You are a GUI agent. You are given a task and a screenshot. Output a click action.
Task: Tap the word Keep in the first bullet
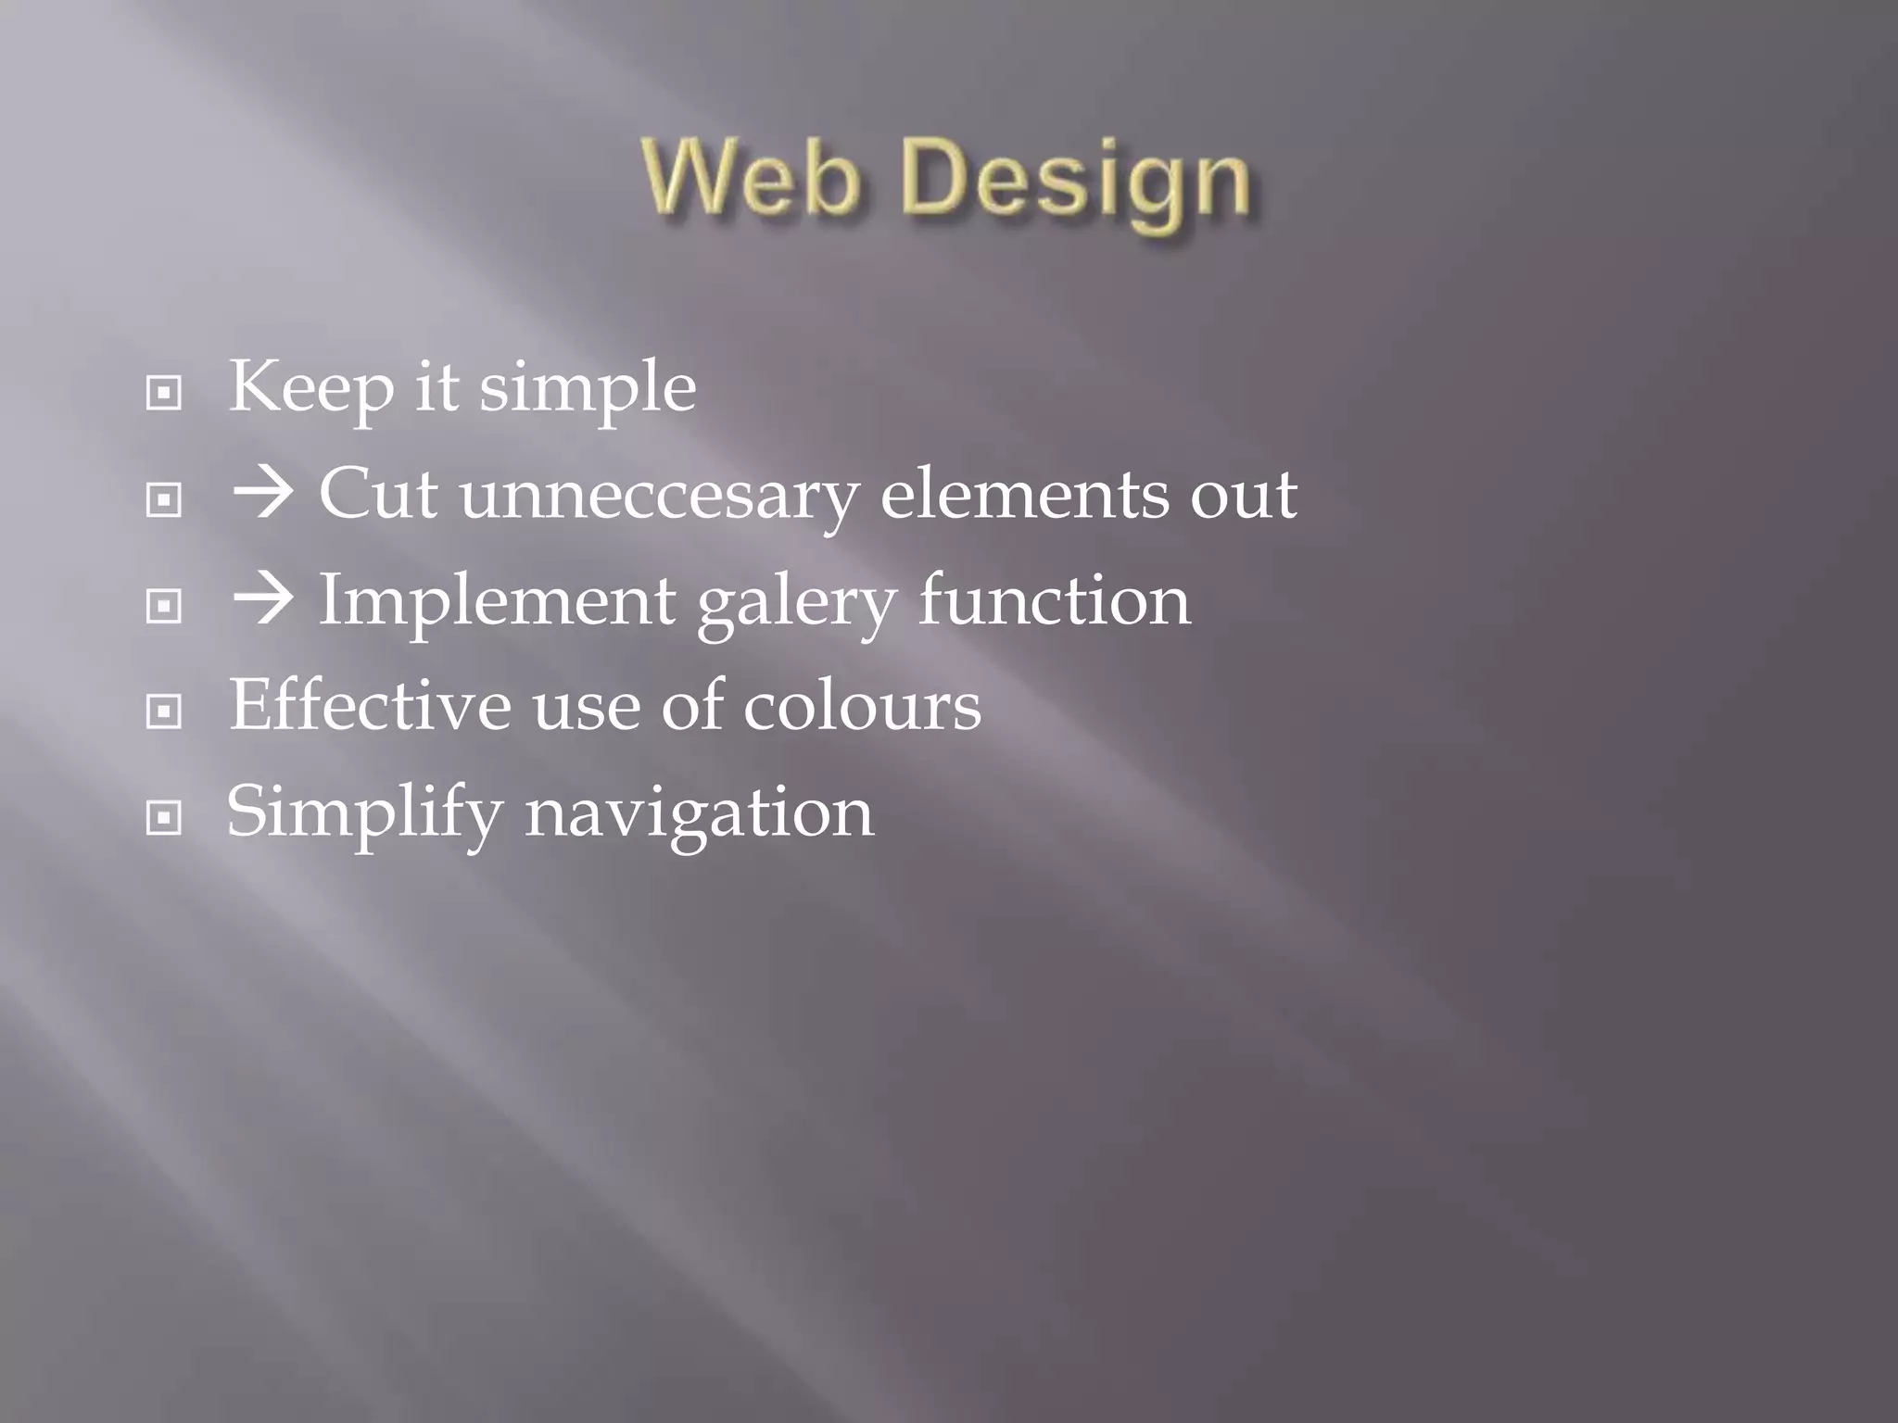(x=311, y=387)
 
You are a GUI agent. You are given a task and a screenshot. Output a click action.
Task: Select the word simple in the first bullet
(x=588, y=389)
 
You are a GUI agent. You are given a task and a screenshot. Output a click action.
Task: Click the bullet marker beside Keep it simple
(x=164, y=394)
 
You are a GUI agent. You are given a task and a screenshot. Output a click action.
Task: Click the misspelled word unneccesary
(x=659, y=496)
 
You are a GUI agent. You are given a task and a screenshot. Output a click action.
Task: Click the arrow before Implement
(x=262, y=600)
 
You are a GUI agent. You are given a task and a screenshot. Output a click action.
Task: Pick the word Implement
(x=497, y=602)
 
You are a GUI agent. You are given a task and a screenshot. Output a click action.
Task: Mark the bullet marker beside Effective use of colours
(x=164, y=712)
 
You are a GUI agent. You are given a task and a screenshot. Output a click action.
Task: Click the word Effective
(x=370, y=705)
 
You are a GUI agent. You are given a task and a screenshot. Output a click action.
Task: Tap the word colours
(x=862, y=707)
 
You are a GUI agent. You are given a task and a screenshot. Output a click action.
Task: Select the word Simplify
(x=364, y=813)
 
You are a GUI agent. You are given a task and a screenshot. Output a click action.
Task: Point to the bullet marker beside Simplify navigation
(x=164, y=818)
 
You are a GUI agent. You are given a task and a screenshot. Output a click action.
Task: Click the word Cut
(x=378, y=494)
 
